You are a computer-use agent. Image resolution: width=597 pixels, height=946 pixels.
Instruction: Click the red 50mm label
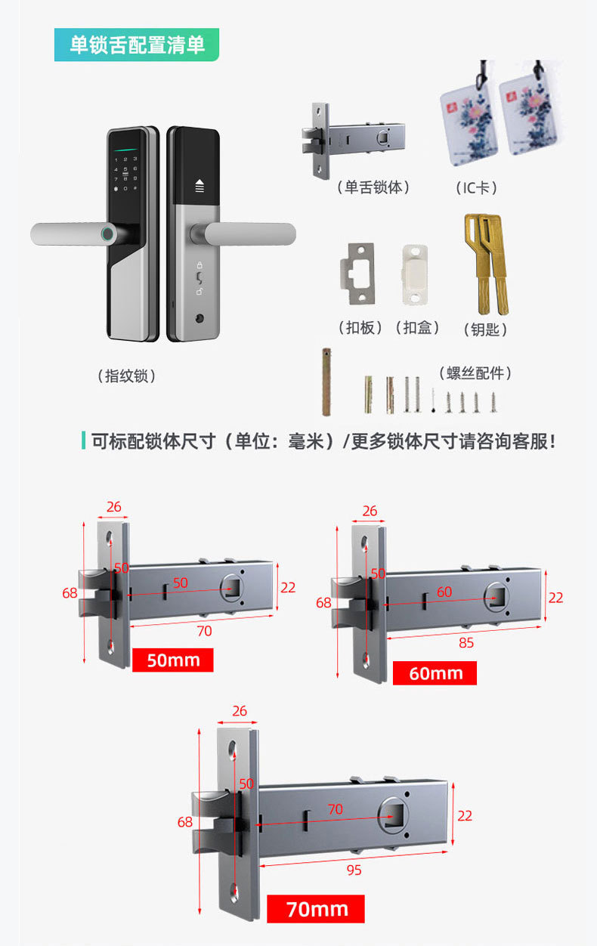point(173,660)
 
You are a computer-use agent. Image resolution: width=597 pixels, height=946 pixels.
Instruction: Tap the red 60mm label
point(435,672)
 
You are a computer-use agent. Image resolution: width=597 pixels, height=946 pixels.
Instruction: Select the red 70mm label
point(316,909)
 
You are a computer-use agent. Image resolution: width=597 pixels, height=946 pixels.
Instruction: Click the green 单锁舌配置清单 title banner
point(137,45)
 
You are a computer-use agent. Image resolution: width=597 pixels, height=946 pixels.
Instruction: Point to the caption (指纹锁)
point(127,376)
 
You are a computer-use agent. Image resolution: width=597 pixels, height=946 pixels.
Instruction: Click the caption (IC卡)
point(478,187)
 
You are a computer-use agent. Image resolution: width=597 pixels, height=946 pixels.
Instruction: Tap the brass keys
point(486,264)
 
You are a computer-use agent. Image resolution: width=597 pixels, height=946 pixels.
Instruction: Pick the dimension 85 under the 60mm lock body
point(466,643)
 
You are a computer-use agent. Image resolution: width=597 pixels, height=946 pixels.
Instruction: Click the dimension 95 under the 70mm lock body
point(354,870)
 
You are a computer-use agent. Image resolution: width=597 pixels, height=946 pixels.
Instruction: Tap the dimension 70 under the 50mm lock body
point(204,630)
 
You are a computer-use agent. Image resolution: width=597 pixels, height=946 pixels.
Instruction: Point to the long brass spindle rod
point(326,382)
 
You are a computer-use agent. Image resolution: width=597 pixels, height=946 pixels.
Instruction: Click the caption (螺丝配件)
point(475,373)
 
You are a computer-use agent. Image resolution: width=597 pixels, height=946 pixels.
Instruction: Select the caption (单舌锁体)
point(373,187)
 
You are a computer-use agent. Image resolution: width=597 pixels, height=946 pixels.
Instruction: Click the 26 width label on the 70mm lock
point(240,711)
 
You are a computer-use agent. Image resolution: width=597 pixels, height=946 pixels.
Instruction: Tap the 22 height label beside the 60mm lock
point(555,597)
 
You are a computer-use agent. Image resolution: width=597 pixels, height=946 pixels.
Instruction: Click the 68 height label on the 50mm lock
point(70,593)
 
